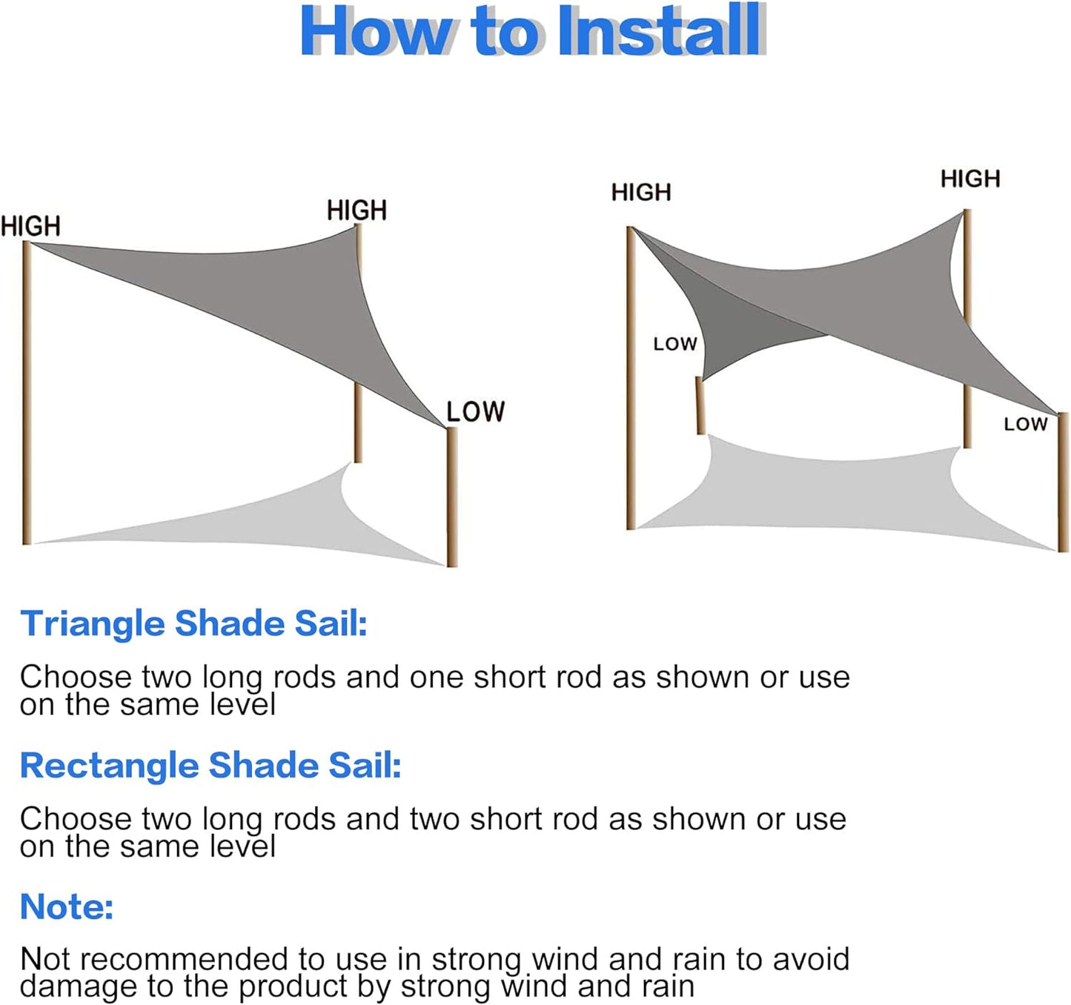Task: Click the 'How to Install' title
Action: (533, 30)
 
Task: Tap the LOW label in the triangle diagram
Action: (475, 411)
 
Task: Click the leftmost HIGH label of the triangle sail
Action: (30, 226)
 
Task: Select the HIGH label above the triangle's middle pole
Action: (357, 210)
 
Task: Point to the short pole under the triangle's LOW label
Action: (452, 497)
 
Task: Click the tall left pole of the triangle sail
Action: (27, 393)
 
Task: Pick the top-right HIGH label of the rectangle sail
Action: (970, 179)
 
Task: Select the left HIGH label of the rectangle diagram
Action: (641, 192)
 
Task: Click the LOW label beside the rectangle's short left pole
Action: (675, 344)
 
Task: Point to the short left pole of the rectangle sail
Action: (700, 405)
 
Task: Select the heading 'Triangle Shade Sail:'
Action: (193, 624)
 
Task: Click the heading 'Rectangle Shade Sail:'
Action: (210, 766)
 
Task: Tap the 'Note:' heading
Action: (67, 907)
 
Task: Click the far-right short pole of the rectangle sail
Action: (1062, 482)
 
